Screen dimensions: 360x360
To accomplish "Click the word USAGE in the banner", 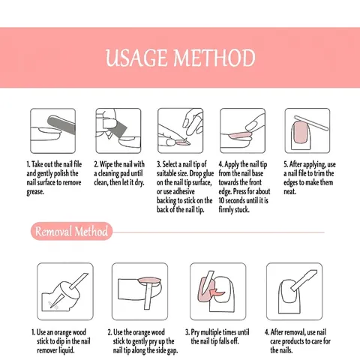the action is click(x=136, y=58).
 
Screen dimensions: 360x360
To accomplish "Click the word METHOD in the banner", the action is click(x=214, y=58).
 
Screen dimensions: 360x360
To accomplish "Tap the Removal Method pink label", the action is click(x=71, y=231).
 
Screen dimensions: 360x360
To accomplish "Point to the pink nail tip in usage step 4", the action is click(x=240, y=136).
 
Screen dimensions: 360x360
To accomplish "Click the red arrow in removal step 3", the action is click(x=217, y=292).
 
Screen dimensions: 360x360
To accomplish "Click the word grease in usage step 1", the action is click(x=35, y=192).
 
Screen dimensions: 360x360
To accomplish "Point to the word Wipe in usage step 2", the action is click(x=106, y=164).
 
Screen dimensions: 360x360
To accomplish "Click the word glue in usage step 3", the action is click(x=208, y=173).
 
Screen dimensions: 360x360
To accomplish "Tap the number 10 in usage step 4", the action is click(x=221, y=200).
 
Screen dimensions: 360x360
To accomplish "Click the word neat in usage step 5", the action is click(x=289, y=191).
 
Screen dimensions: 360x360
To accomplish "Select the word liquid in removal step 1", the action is click(x=67, y=350).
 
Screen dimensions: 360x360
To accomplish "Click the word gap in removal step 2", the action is click(x=172, y=351).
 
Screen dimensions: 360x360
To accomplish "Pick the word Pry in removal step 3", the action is click(x=195, y=332).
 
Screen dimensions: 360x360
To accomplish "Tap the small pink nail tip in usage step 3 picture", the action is click(x=183, y=143).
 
